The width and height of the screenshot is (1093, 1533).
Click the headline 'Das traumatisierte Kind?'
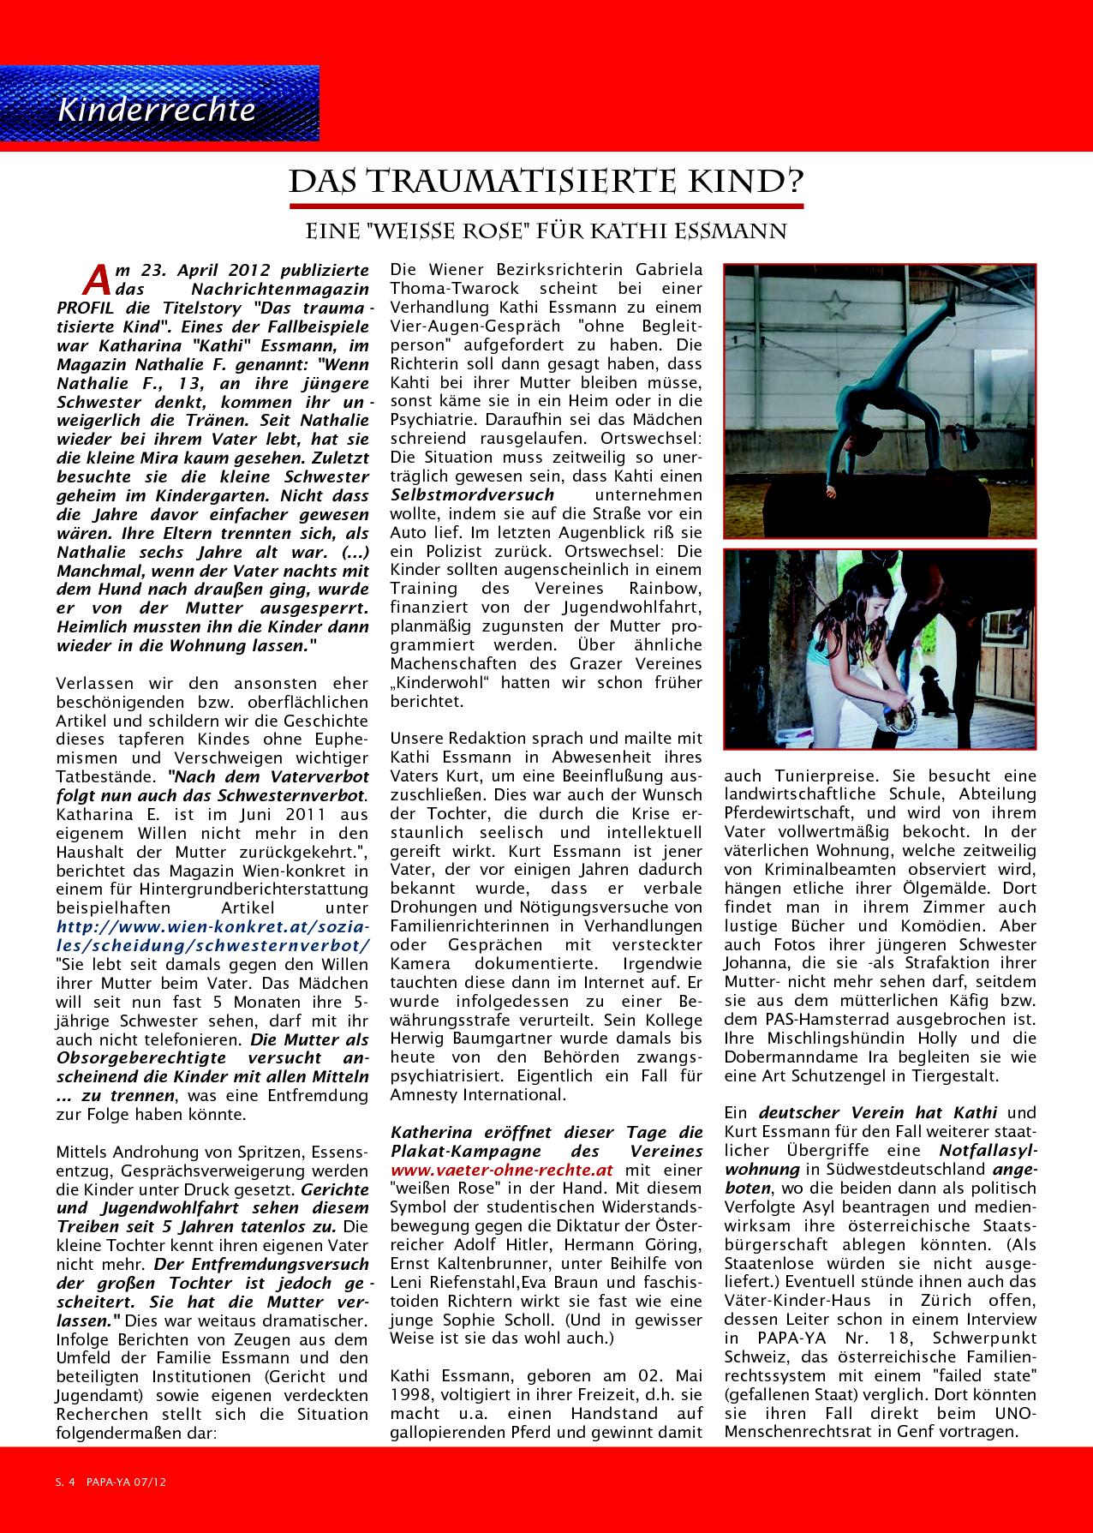(x=546, y=183)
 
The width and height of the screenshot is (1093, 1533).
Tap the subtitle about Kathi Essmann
(x=546, y=231)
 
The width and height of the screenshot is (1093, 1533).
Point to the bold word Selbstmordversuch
(x=473, y=495)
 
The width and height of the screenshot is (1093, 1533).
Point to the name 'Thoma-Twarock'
(x=441, y=289)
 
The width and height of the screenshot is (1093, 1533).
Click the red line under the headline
(x=546, y=207)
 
